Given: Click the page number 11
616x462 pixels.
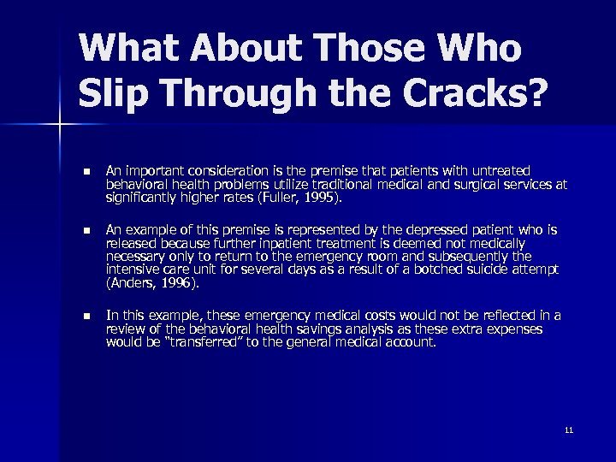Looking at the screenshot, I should point(569,429).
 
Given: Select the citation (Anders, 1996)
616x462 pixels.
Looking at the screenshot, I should point(151,282).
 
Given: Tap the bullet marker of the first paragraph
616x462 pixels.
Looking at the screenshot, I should point(85,171).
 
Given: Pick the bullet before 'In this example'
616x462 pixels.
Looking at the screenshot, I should point(85,317).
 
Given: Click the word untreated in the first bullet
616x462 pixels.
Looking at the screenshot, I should point(499,171).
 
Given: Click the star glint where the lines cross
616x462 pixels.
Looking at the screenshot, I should point(59,126).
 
